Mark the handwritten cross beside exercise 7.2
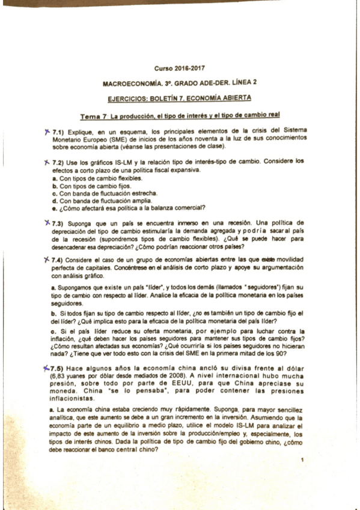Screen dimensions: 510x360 [46, 162]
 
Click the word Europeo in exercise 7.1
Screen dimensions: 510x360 [93, 138]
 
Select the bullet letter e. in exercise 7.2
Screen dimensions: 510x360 [55, 208]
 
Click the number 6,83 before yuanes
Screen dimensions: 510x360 [60, 375]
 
